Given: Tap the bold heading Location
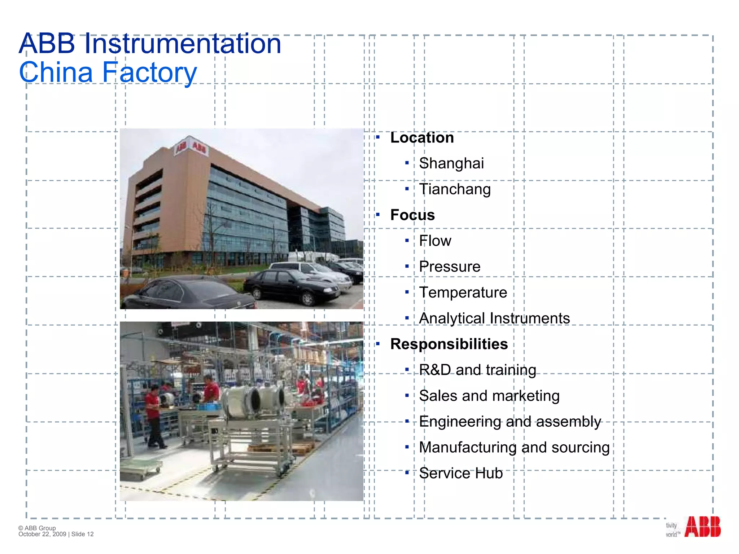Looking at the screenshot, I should (x=422, y=138).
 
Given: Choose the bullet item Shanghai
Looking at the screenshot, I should (x=451, y=163).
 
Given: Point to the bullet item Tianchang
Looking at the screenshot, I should (x=455, y=189).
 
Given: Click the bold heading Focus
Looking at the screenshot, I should (x=412, y=215).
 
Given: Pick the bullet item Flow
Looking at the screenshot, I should (x=435, y=241).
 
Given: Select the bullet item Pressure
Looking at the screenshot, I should (x=450, y=267).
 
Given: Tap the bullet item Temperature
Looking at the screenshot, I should (x=463, y=293).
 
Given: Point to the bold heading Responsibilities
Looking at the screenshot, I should (x=449, y=344).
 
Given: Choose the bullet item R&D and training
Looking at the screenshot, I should (x=477, y=370).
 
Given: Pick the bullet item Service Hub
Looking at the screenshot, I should (x=461, y=473).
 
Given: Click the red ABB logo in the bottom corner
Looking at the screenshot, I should (x=702, y=527).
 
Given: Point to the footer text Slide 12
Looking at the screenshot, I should (x=83, y=534).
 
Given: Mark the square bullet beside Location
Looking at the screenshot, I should (x=378, y=137).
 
